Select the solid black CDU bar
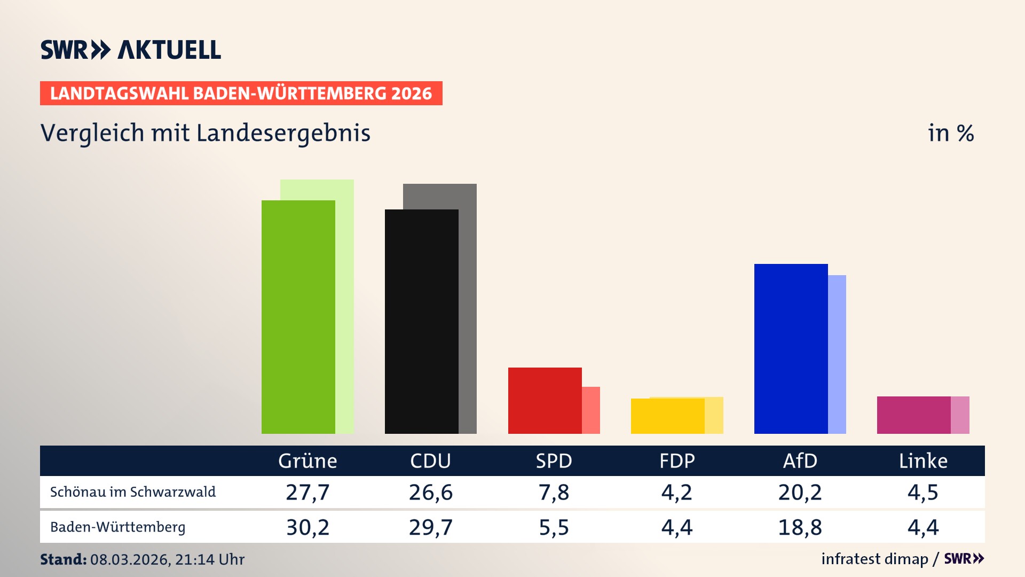[421, 321]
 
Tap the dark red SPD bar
[545, 400]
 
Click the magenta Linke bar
[913, 415]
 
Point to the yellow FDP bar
[667, 416]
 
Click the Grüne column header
[307, 461]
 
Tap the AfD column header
[800, 461]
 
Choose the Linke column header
[923, 461]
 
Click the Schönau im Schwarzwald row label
[133, 492]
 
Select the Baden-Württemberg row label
[118, 527]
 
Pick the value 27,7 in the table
[307, 492]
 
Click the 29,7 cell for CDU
[430, 527]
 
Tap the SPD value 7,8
[554, 492]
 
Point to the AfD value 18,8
[800, 527]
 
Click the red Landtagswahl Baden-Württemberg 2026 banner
[241, 93]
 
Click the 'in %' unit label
[951, 133]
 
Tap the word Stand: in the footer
[63, 559]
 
